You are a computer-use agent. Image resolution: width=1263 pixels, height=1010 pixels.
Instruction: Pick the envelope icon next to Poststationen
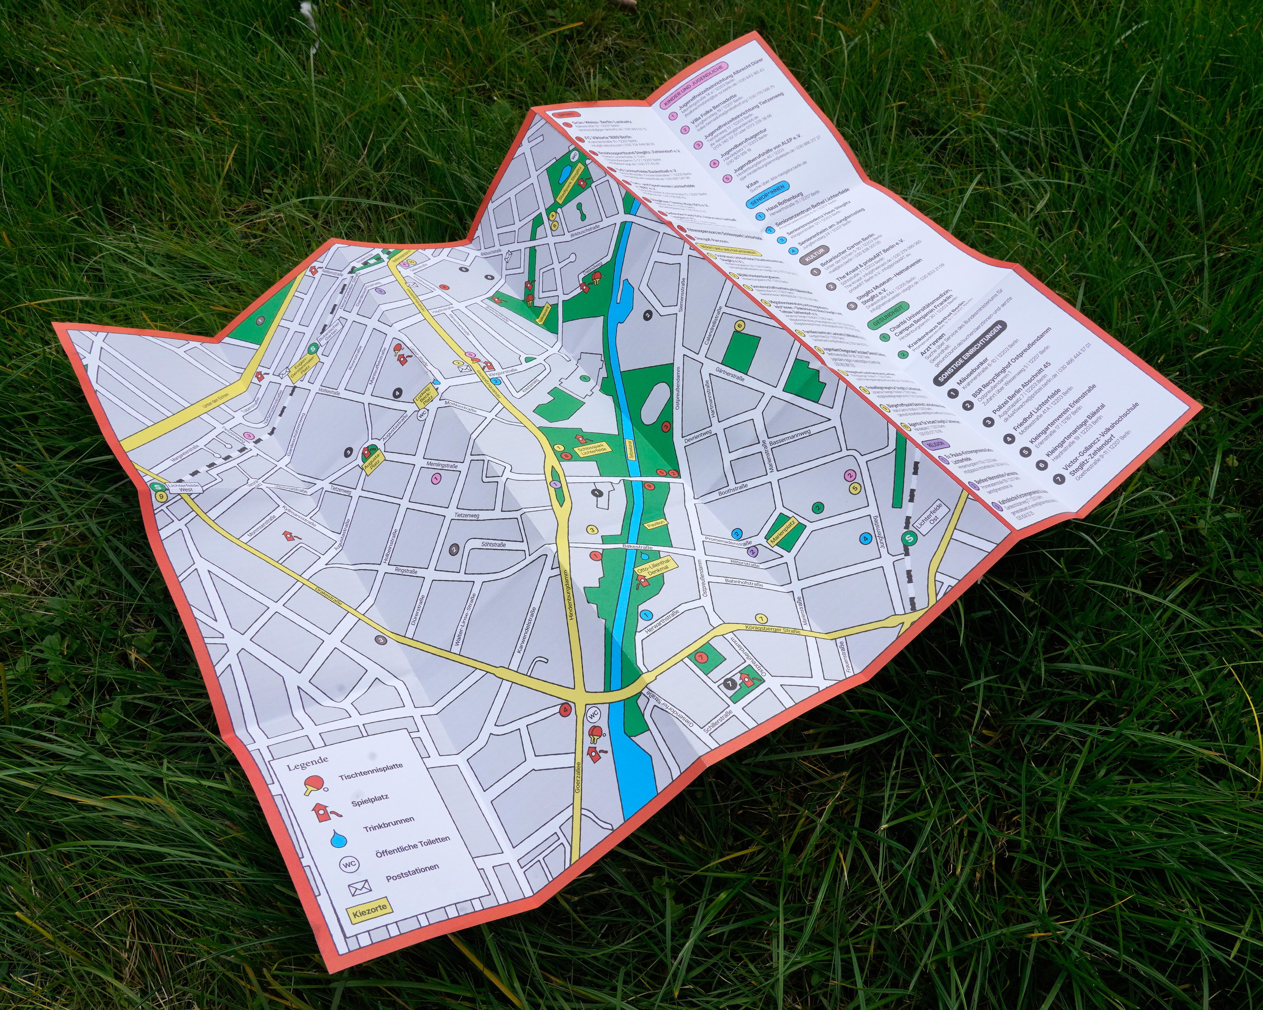[x=359, y=889]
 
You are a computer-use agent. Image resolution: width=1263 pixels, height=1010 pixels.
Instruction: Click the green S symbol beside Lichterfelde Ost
[x=908, y=539]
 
